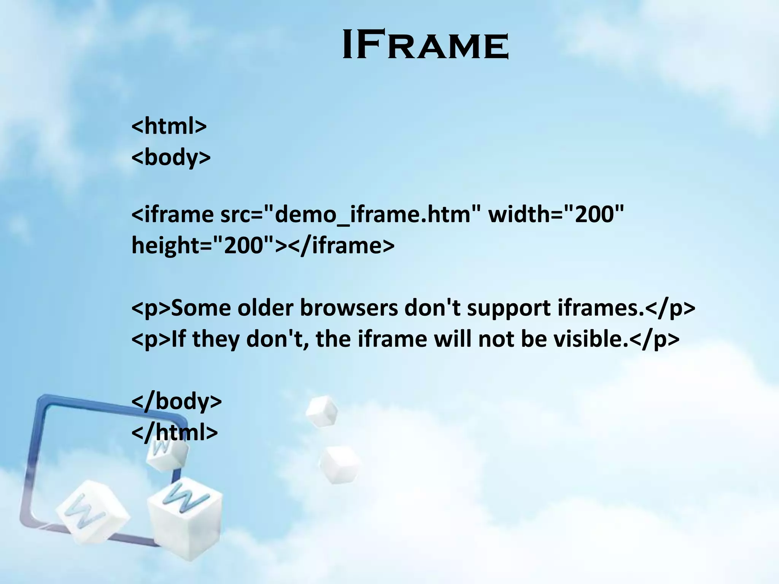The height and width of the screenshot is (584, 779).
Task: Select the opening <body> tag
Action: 171,157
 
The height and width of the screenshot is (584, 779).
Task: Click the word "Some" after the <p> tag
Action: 201,308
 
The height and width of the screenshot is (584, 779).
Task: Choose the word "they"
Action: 216,340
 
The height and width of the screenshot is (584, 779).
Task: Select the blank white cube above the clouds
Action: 321,411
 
